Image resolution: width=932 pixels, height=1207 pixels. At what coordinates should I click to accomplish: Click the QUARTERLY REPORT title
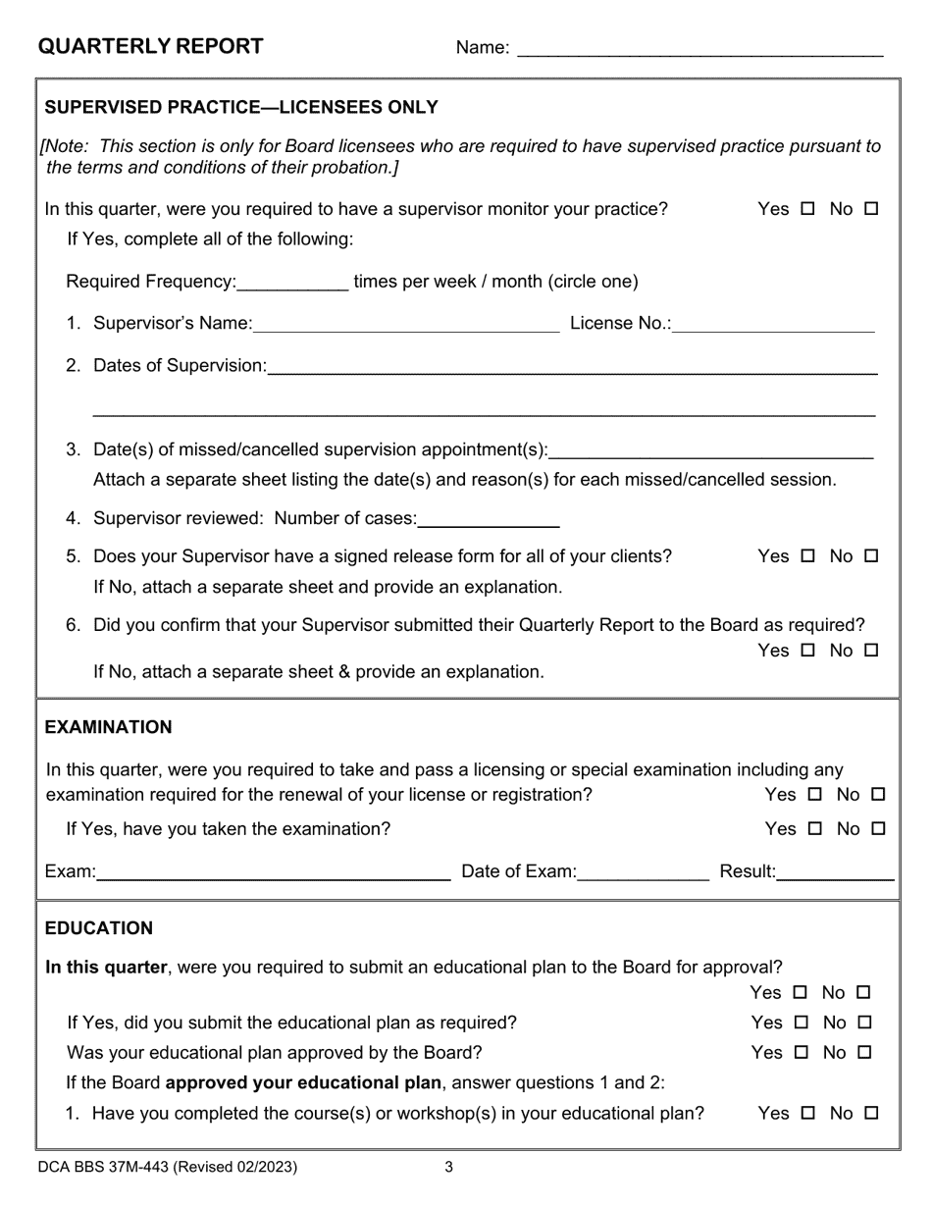click(x=150, y=46)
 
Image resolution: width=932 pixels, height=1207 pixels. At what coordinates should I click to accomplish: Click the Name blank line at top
click(x=699, y=49)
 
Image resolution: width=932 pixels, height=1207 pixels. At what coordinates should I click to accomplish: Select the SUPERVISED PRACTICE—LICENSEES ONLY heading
click(x=241, y=107)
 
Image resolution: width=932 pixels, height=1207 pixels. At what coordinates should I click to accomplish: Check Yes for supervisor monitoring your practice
click(x=807, y=209)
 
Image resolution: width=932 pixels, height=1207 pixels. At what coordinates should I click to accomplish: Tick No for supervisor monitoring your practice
click(x=871, y=209)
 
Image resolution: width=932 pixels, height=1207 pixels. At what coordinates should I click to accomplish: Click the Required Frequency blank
click(x=292, y=284)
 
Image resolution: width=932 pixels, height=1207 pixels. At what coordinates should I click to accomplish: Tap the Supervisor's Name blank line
click(x=405, y=325)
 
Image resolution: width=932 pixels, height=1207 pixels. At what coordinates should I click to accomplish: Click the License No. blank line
click(x=773, y=325)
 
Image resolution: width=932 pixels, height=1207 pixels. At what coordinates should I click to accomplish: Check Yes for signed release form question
click(x=807, y=556)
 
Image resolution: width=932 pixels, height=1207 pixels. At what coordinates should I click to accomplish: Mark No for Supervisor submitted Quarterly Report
click(x=871, y=651)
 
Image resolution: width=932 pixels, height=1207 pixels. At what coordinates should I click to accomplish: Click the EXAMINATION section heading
click(x=108, y=727)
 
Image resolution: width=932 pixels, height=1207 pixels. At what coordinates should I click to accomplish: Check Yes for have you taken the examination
click(x=814, y=829)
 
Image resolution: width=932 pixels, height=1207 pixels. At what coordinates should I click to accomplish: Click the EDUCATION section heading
click(x=99, y=928)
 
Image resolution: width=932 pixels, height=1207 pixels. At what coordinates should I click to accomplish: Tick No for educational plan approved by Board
click(x=864, y=1053)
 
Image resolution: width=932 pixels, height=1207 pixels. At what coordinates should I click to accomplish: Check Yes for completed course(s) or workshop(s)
click(x=807, y=1114)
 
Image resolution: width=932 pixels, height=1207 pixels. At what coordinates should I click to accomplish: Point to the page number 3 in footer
click(x=448, y=1168)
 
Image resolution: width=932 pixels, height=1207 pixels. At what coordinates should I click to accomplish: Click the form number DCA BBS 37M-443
click(x=167, y=1168)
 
